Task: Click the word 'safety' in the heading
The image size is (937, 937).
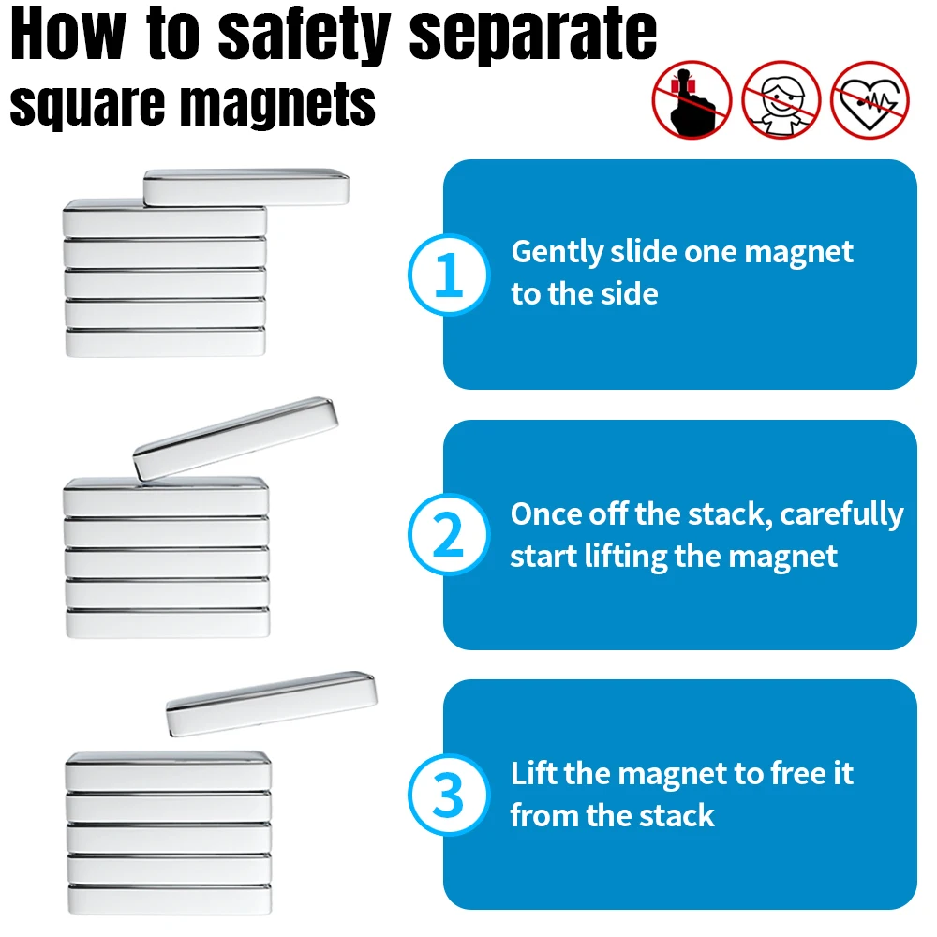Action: [x=305, y=34]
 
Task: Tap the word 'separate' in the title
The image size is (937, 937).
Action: [x=532, y=34]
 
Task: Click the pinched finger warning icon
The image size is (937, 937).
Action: [x=692, y=100]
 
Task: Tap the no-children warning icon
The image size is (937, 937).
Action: [x=781, y=100]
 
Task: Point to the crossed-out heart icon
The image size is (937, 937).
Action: [x=870, y=100]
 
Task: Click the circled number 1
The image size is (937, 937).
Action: [x=449, y=275]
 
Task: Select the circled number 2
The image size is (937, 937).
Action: [x=449, y=534]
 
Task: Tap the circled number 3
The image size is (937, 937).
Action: [x=449, y=795]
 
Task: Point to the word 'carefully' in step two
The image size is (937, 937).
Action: [x=841, y=515]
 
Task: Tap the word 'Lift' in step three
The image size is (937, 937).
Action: [x=533, y=773]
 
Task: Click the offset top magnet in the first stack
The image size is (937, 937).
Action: [x=246, y=187]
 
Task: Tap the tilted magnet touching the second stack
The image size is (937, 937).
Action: [x=235, y=439]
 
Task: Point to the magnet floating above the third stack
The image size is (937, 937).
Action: [x=272, y=704]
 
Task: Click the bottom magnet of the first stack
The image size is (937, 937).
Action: [x=165, y=342]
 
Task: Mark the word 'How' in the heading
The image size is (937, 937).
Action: [x=68, y=34]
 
